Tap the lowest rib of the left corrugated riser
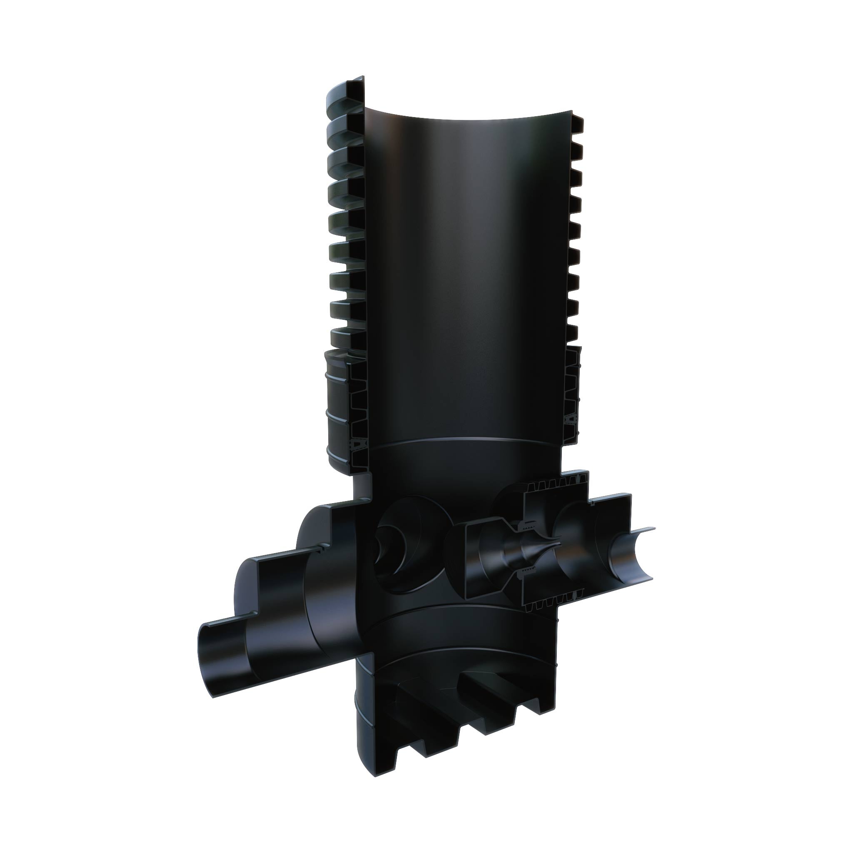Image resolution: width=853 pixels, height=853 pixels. point(349,338)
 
